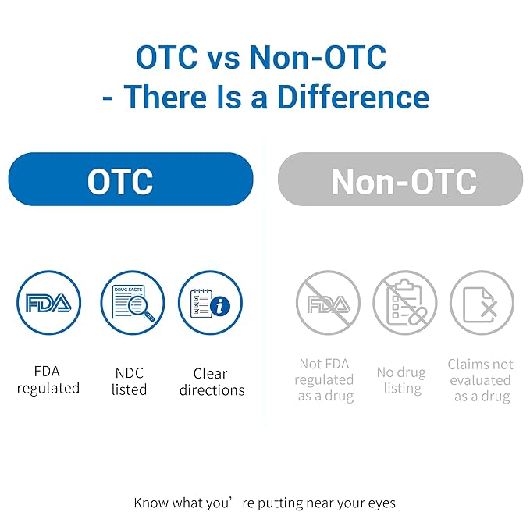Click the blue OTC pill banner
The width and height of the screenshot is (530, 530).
click(x=130, y=180)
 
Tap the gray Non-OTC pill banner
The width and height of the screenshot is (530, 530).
click(x=400, y=180)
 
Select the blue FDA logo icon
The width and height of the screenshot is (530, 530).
click(x=48, y=303)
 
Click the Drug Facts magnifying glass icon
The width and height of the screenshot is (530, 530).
click(x=133, y=303)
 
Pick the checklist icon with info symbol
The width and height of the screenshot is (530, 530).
click(x=210, y=303)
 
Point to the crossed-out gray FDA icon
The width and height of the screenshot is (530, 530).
click(x=328, y=303)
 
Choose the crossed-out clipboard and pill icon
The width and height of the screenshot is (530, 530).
click(x=405, y=303)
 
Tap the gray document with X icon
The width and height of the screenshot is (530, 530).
click(x=482, y=303)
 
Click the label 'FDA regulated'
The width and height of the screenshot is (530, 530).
click(x=48, y=380)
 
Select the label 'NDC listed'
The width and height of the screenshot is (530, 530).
click(x=129, y=381)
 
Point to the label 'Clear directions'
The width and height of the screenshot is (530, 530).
click(x=212, y=382)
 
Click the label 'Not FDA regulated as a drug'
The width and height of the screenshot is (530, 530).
click(x=325, y=380)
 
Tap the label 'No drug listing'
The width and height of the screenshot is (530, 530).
click(x=401, y=380)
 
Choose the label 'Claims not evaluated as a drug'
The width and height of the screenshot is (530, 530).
click(x=481, y=380)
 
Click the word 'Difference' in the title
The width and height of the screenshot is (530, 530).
click(x=354, y=97)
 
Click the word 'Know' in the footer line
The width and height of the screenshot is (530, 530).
click(x=151, y=503)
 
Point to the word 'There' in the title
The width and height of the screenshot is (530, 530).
click(x=165, y=97)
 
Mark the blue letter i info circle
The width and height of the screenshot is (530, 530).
click(x=220, y=306)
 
